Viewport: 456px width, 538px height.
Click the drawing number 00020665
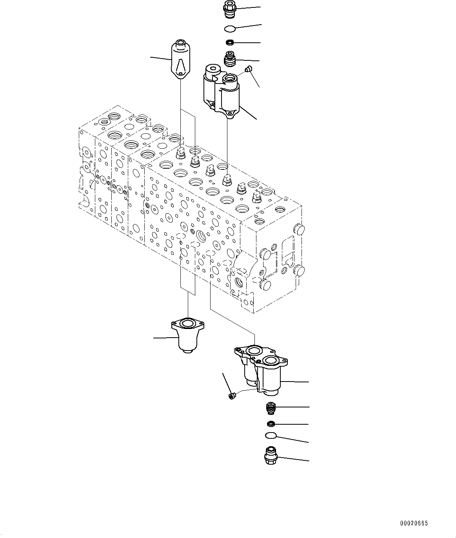coord(414,523)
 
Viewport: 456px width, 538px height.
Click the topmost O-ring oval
coord(230,28)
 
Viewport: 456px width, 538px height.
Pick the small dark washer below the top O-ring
coord(230,42)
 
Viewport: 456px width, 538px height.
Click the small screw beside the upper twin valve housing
coord(247,69)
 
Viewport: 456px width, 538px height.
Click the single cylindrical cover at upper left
coord(181,60)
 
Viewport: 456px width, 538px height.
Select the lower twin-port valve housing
coord(261,369)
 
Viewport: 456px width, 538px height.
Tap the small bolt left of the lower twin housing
coord(231,396)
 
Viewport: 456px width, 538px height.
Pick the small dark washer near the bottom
coord(271,423)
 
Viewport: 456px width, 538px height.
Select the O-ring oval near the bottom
coord(271,435)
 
